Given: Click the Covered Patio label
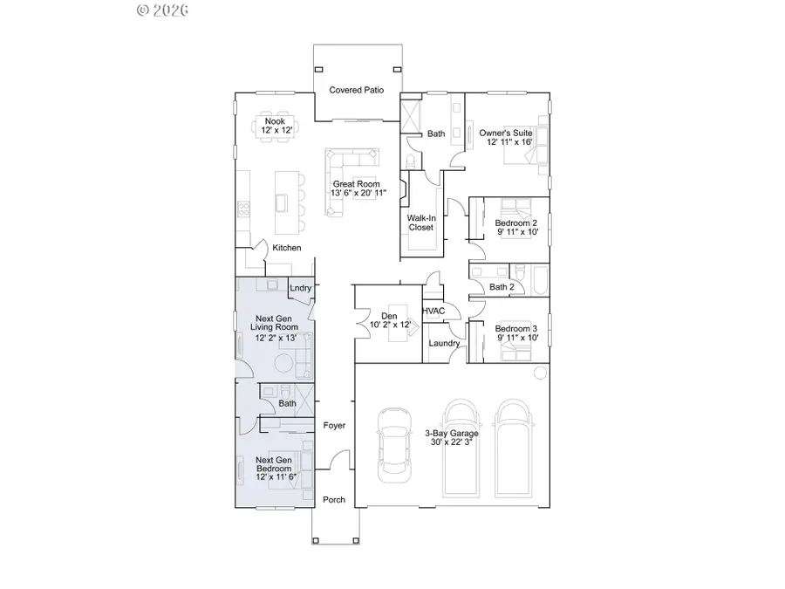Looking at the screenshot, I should point(356,90).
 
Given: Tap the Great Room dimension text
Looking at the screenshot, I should point(358,194).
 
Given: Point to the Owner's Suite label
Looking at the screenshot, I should point(505,134).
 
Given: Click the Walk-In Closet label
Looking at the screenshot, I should point(420,223).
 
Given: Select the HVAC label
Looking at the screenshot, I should point(433,311).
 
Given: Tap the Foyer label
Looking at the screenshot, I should point(334,426).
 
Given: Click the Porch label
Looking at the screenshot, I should point(334,500).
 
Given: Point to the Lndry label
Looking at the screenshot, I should point(300,288).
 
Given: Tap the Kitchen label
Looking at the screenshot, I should point(286,248).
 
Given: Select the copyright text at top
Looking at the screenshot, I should point(163,10).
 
